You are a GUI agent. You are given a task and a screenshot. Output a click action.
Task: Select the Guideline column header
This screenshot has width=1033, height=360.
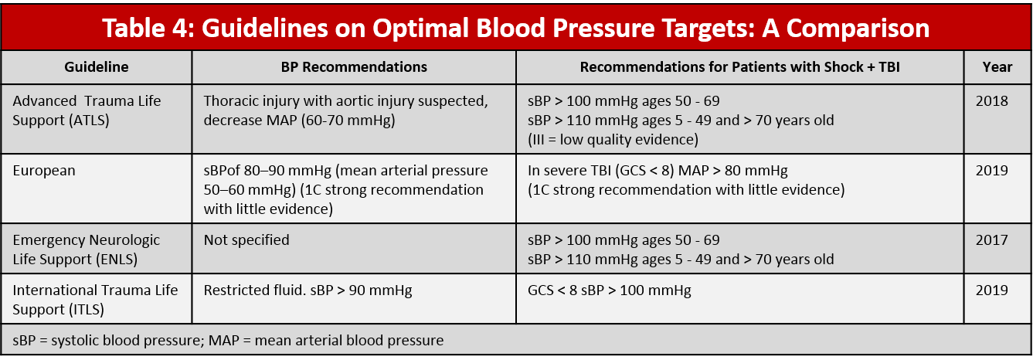pyautogui.click(x=97, y=67)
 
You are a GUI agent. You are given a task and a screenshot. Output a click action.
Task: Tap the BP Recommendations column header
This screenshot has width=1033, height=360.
pyautogui.click(x=354, y=67)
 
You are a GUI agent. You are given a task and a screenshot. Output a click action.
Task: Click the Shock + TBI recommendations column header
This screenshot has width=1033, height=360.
pyautogui.click(x=739, y=67)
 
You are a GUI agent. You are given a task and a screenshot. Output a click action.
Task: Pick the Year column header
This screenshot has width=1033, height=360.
pyautogui.click(x=997, y=67)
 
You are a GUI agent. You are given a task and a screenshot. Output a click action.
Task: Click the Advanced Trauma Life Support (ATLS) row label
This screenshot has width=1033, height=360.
pyautogui.click(x=87, y=110)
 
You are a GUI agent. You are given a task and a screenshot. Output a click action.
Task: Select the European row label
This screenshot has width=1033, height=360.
pyautogui.click(x=44, y=171)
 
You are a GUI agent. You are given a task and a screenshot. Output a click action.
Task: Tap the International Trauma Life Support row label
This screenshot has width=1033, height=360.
pyautogui.click(x=95, y=299)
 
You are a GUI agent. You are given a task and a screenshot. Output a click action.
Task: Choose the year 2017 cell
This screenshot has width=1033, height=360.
pyautogui.click(x=993, y=240)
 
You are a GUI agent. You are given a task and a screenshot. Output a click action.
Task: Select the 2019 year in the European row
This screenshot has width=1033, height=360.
pyautogui.click(x=993, y=171)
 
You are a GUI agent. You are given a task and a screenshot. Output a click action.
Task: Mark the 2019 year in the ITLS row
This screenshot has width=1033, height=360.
pyautogui.click(x=993, y=290)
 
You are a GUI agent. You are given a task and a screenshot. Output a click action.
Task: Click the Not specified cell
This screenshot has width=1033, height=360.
pyautogui.click(x=246, y=240)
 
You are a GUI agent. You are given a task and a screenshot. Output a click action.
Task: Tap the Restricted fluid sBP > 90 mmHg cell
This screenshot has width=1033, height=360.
pyautogui.click(x=308, y=290)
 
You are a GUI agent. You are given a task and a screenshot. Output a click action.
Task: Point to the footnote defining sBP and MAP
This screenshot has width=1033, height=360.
pyautogui.click(x=228, y=340)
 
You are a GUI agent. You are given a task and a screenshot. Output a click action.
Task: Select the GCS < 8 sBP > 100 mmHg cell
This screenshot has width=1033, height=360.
pyautogui.click(x=609, y=290)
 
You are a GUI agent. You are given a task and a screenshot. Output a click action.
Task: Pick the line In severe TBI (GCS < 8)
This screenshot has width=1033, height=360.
pyautogui.click(x=657, y=171)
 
